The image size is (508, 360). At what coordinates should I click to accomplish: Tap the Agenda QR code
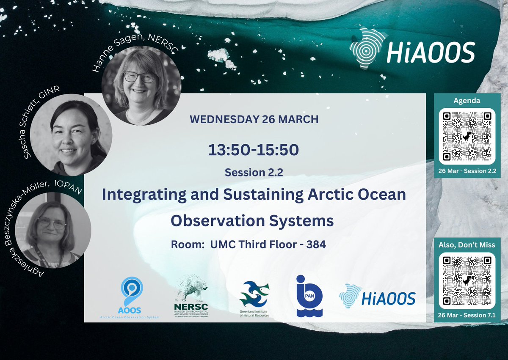click(467, 137)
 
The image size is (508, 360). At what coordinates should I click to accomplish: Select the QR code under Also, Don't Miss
click(467, 280)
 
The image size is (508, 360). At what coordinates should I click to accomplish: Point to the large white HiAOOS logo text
click(430, 53)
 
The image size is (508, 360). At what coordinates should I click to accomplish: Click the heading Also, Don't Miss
click(467, 245)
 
